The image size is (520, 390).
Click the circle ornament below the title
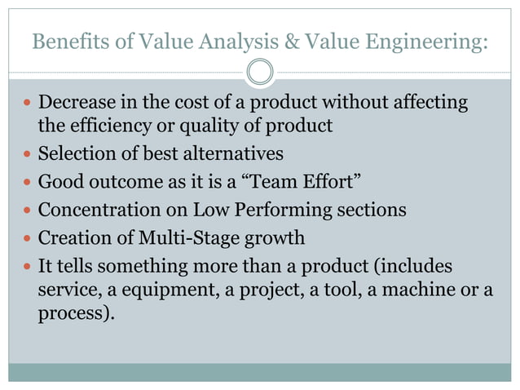point(260,72)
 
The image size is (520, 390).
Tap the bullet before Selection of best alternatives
point(27,154)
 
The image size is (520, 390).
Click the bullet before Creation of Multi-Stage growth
point(27,239)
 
